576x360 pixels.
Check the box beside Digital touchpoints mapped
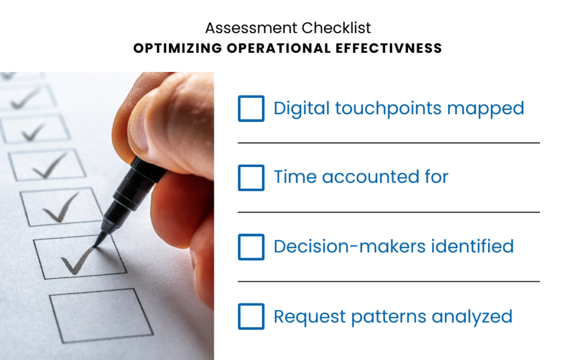tap(251, 109)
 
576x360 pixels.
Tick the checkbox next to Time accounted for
tap(251, 178)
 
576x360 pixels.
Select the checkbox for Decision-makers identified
tap(251, 247)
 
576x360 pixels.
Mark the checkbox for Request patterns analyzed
tap(251, 316)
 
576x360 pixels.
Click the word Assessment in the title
tap(251, 28)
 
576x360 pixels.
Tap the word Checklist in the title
tap(336, 28)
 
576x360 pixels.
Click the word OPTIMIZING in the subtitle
tap(178, 48)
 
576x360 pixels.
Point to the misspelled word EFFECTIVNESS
tap(389, 48)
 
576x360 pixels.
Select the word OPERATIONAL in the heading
tap(279, 48)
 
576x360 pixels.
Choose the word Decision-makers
tap(350, 246)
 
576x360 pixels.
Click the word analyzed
tap(472, 317)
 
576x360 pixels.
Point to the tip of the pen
tap(95, 246)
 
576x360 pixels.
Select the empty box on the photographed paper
tap(101, 316)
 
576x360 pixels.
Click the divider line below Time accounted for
tap(389, 212)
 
